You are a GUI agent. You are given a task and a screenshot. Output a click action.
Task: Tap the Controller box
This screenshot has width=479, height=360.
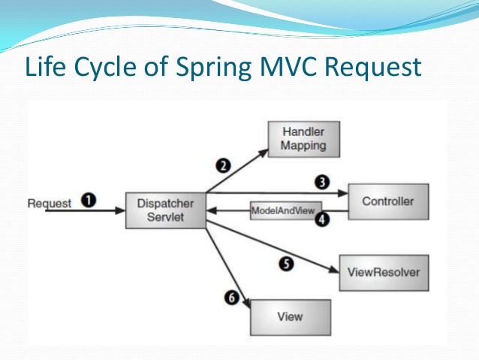[x=387, y=201]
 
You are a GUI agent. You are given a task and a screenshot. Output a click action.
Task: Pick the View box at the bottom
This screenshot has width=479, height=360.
[x=290, y=316]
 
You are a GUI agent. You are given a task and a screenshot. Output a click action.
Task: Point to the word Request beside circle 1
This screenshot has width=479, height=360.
[x=50, y=203]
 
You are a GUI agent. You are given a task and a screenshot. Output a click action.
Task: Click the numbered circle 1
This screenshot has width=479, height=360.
[x=89, y=201]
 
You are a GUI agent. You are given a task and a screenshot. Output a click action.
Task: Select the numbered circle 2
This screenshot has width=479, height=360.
[x=223, y=164]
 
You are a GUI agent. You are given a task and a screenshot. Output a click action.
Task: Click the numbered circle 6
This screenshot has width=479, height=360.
[x=232, y=298]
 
